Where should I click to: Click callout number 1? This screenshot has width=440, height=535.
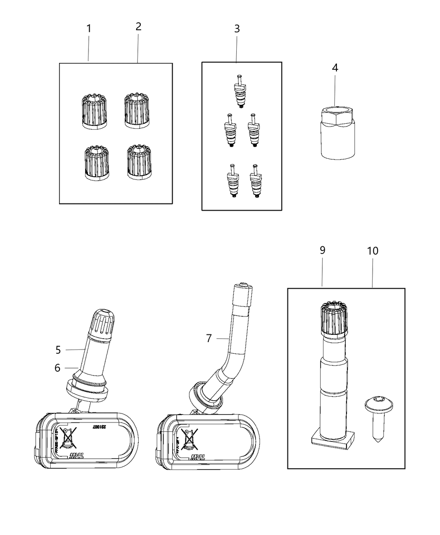click(x=88, y=29)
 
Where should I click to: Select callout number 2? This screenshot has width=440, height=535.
click(x=138, y=27)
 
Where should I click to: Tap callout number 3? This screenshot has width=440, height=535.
click(x=237, y=29)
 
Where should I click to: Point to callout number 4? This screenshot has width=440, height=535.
click(x=335, y=68)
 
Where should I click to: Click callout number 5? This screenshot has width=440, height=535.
click(x=58, y=350)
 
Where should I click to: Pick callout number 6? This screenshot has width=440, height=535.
click(x=57, y=368)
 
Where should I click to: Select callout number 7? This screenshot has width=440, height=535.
click(x=209, y=338)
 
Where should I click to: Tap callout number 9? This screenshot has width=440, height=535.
click(x=322, y=251)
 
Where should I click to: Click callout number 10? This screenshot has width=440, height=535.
click(x=373, y=251)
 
